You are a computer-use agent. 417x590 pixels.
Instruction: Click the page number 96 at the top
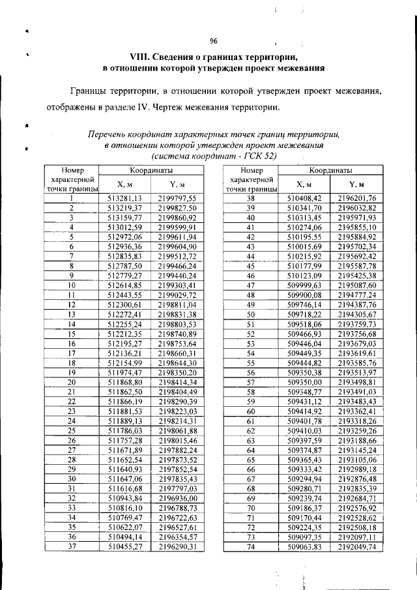[x=213, y=40]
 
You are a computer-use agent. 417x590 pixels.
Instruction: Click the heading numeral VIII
[x=122, y=57]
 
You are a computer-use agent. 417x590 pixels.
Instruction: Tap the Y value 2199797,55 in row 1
[x=177, y=198]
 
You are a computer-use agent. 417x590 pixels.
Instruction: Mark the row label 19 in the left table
[x=71, y=372]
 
